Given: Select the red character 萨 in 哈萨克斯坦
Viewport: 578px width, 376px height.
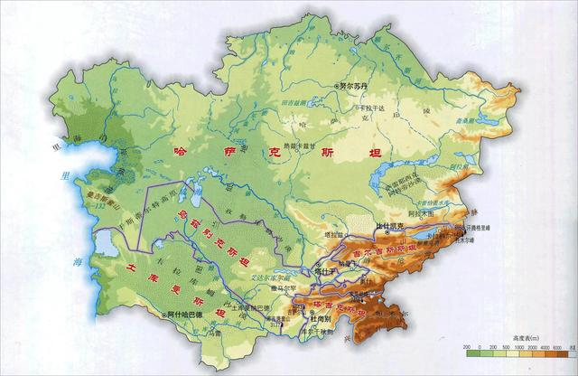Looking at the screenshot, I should [x=222, y=155].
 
